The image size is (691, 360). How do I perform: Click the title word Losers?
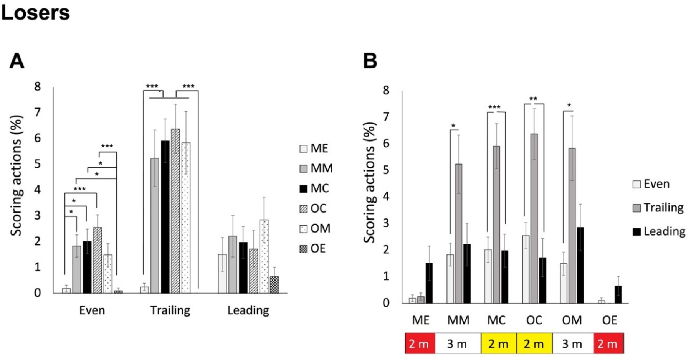coord(35,12)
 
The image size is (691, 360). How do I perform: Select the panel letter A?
coord(17,61)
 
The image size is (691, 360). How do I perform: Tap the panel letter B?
coord(370,61)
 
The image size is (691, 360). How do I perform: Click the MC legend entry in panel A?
coord(314,188)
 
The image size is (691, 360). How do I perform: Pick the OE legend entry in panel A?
coord(313,249)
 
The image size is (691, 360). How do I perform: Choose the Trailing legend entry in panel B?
coord(658,208)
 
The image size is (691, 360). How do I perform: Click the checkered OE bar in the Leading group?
coord(274,285)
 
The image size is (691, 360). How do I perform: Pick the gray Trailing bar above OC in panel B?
coord(534,218)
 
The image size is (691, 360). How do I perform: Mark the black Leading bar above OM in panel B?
coord(580,265)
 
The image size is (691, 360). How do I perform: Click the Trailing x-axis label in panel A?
coord(170,310)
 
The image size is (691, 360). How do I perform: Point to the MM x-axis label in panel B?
coord(458,320)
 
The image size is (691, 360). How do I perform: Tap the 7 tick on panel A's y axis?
coord(37,112)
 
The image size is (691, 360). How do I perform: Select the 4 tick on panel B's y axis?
coord(386,197)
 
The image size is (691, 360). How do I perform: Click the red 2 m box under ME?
coord(420,343)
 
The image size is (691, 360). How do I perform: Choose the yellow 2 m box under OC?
coord(534,343)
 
